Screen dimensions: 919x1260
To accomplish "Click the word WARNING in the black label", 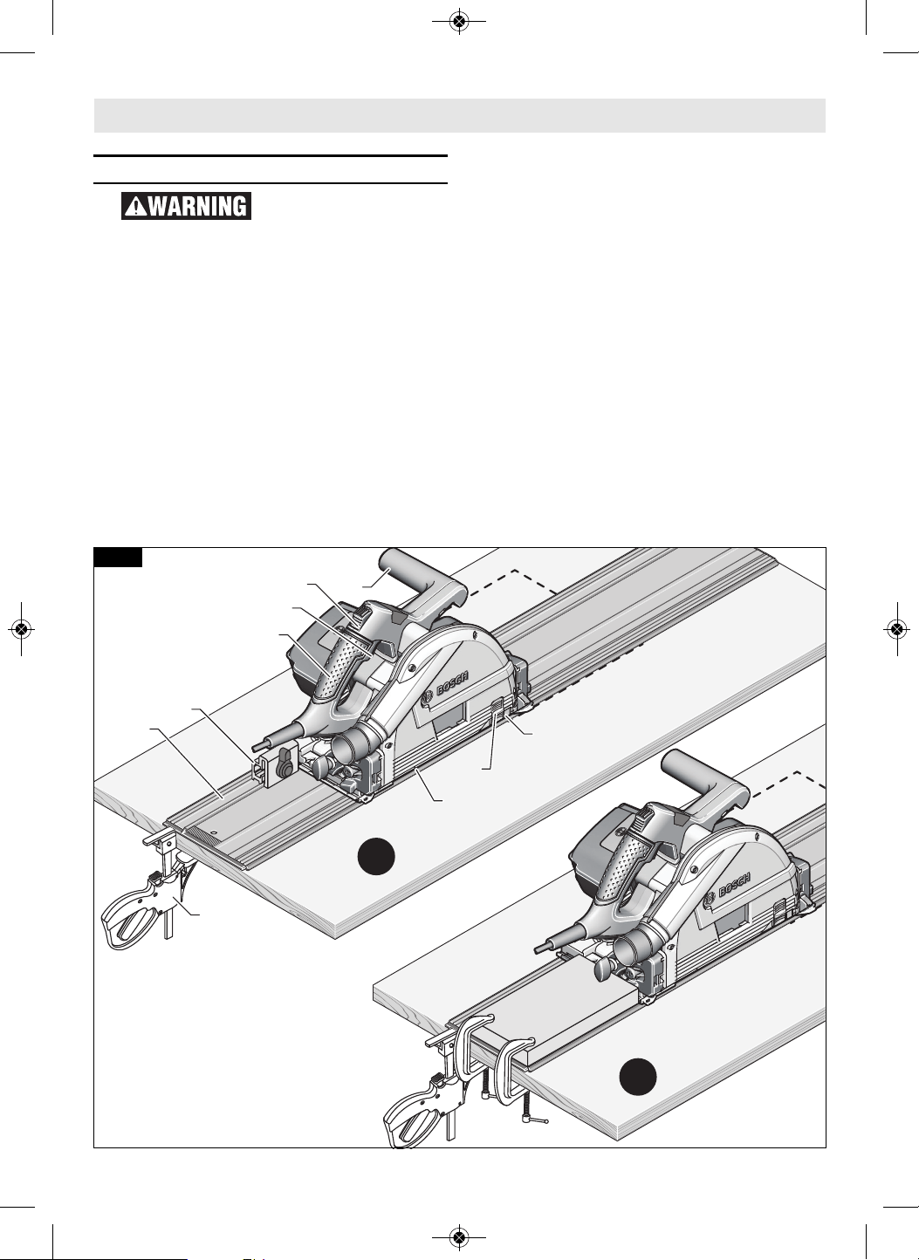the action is point(197,206).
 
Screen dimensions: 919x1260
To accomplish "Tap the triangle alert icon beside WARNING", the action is point(135,207).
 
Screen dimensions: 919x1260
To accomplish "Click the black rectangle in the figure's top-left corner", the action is point(118,557).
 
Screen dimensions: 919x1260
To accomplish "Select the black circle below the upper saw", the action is point(376,856).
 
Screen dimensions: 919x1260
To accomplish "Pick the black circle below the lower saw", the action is point(638,1077).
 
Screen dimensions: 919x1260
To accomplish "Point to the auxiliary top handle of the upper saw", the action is point(416,585).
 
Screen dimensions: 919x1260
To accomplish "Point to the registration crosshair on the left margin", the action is point(21,629).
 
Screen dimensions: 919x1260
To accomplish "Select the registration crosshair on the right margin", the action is point(897,629).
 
